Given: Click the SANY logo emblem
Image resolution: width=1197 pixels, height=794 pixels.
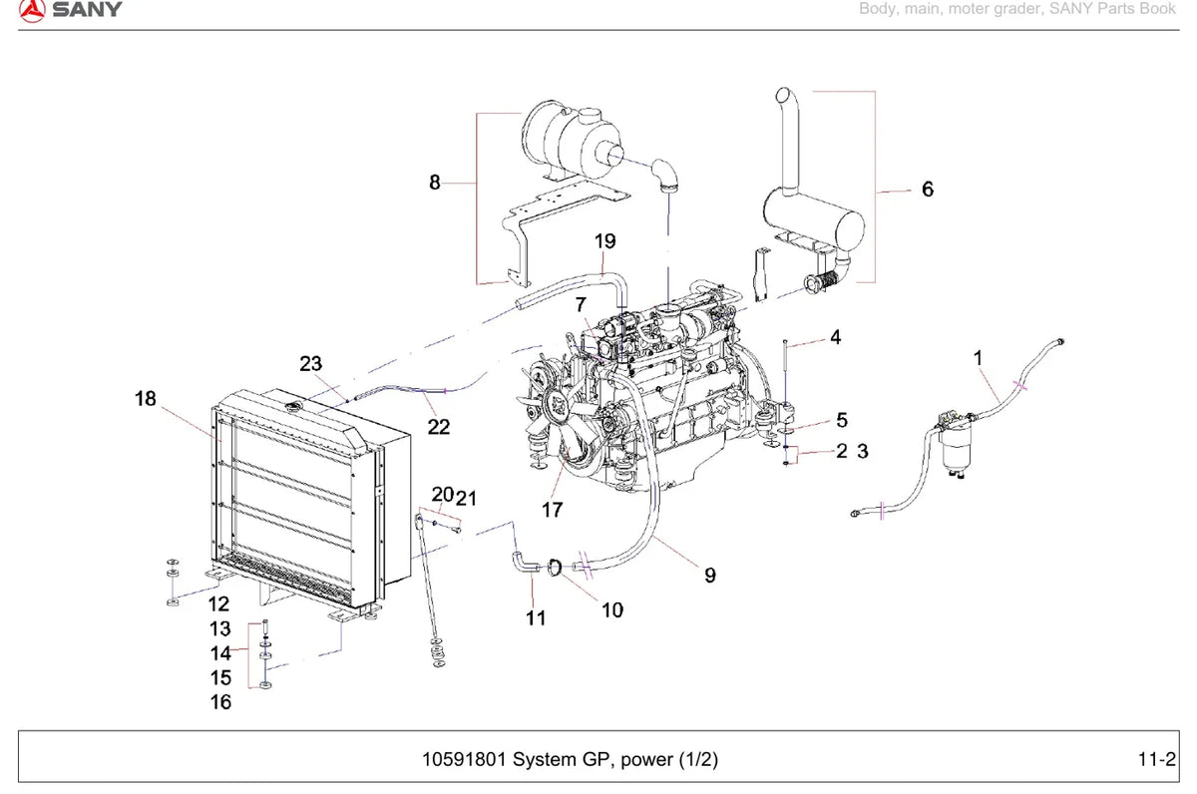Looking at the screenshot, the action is (32, 11).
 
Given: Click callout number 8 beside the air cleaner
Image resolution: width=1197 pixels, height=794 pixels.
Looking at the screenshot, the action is (435, 183).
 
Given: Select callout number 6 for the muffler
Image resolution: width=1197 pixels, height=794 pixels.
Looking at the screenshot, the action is (928, 190).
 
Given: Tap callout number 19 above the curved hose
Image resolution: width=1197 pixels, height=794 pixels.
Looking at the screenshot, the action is (604, 241).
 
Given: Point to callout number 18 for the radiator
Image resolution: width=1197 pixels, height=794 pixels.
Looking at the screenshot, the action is (146, 399).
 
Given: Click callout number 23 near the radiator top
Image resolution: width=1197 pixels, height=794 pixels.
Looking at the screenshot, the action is (310, 364).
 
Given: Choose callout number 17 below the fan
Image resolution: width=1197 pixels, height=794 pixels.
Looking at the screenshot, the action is (553, 510).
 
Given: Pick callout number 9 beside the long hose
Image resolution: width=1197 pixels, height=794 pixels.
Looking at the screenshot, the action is (709, 575).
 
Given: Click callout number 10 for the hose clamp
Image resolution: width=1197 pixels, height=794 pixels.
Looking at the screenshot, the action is (612, 610).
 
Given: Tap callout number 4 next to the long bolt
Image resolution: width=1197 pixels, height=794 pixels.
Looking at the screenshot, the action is (836, 337).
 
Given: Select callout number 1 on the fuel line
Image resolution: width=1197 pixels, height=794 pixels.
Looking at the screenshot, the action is (978, 358).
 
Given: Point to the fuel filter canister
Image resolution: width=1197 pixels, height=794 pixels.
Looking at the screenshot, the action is (955, 449).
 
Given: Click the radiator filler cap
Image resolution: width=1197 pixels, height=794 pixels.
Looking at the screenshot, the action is (293, 408).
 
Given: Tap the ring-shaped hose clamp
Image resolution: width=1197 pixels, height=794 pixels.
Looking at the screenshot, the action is (555, 568).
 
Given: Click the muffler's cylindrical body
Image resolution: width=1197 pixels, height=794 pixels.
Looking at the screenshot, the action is (813, 220).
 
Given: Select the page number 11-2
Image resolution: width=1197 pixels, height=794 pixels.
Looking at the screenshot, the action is (1157, 759).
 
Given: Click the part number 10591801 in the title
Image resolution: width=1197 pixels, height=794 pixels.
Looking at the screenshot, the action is (464, 759).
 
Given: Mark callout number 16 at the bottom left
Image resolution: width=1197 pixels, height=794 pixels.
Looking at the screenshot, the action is (220, 702).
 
